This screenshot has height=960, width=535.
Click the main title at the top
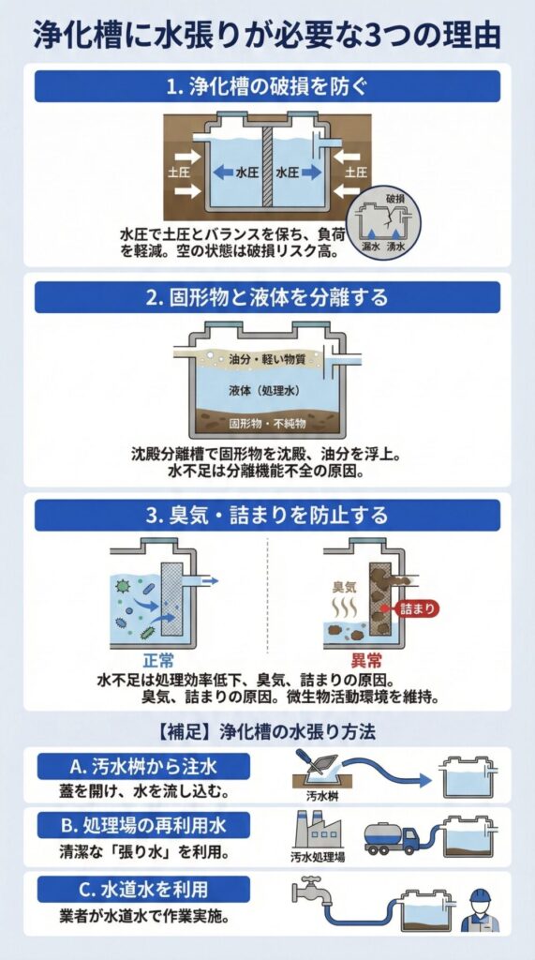[x=267, y=36]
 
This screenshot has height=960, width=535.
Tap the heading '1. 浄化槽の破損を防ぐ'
[x=267, y=86]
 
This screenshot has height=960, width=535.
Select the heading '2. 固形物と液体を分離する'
[x=267, y=297]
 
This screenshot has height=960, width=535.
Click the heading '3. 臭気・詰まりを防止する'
[x=267, y=515]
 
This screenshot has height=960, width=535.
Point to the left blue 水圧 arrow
[x=223, y=172]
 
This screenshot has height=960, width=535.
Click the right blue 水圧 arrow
[x=312, y=172]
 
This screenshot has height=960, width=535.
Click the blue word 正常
[x=158, y=661]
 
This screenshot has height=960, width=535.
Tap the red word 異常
[x=366, y=661]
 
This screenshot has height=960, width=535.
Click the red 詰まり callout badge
[x=417, y=608]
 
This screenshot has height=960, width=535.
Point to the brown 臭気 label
[x=344, y=587]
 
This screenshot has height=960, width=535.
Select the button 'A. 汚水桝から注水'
[x=144, y=766]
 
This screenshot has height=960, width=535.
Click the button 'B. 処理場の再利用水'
[x=144, y=825]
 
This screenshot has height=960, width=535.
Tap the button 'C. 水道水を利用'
[x=144, y=889]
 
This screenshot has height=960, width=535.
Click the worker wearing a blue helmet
[x=481, y=910]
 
